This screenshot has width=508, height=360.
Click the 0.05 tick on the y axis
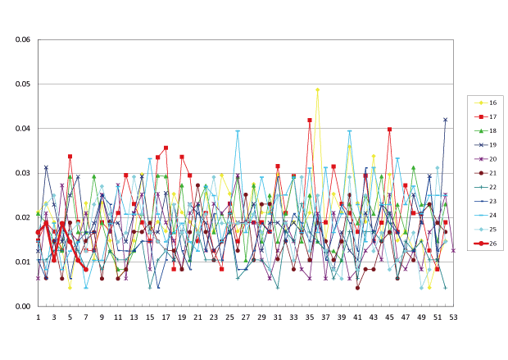(x=20, y=84)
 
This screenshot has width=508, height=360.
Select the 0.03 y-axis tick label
(x=20, y=173)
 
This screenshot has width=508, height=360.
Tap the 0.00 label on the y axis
(x=20, y=307)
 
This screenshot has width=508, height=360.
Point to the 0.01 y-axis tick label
(x=20, y=262)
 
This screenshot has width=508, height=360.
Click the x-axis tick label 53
(x=453, y=317)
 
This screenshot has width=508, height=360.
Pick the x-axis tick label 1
(x=38, y=317)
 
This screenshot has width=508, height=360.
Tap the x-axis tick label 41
(x=357, y=317)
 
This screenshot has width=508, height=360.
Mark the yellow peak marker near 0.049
(x=317, y=89)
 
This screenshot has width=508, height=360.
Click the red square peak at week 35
(x=310, y=120)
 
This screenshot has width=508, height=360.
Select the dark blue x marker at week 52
(x=446, y=120)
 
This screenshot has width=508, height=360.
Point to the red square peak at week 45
(x=389, y=130)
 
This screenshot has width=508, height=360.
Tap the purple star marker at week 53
(x=453, y=250)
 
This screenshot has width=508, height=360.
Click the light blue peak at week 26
(x=238, y=131)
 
